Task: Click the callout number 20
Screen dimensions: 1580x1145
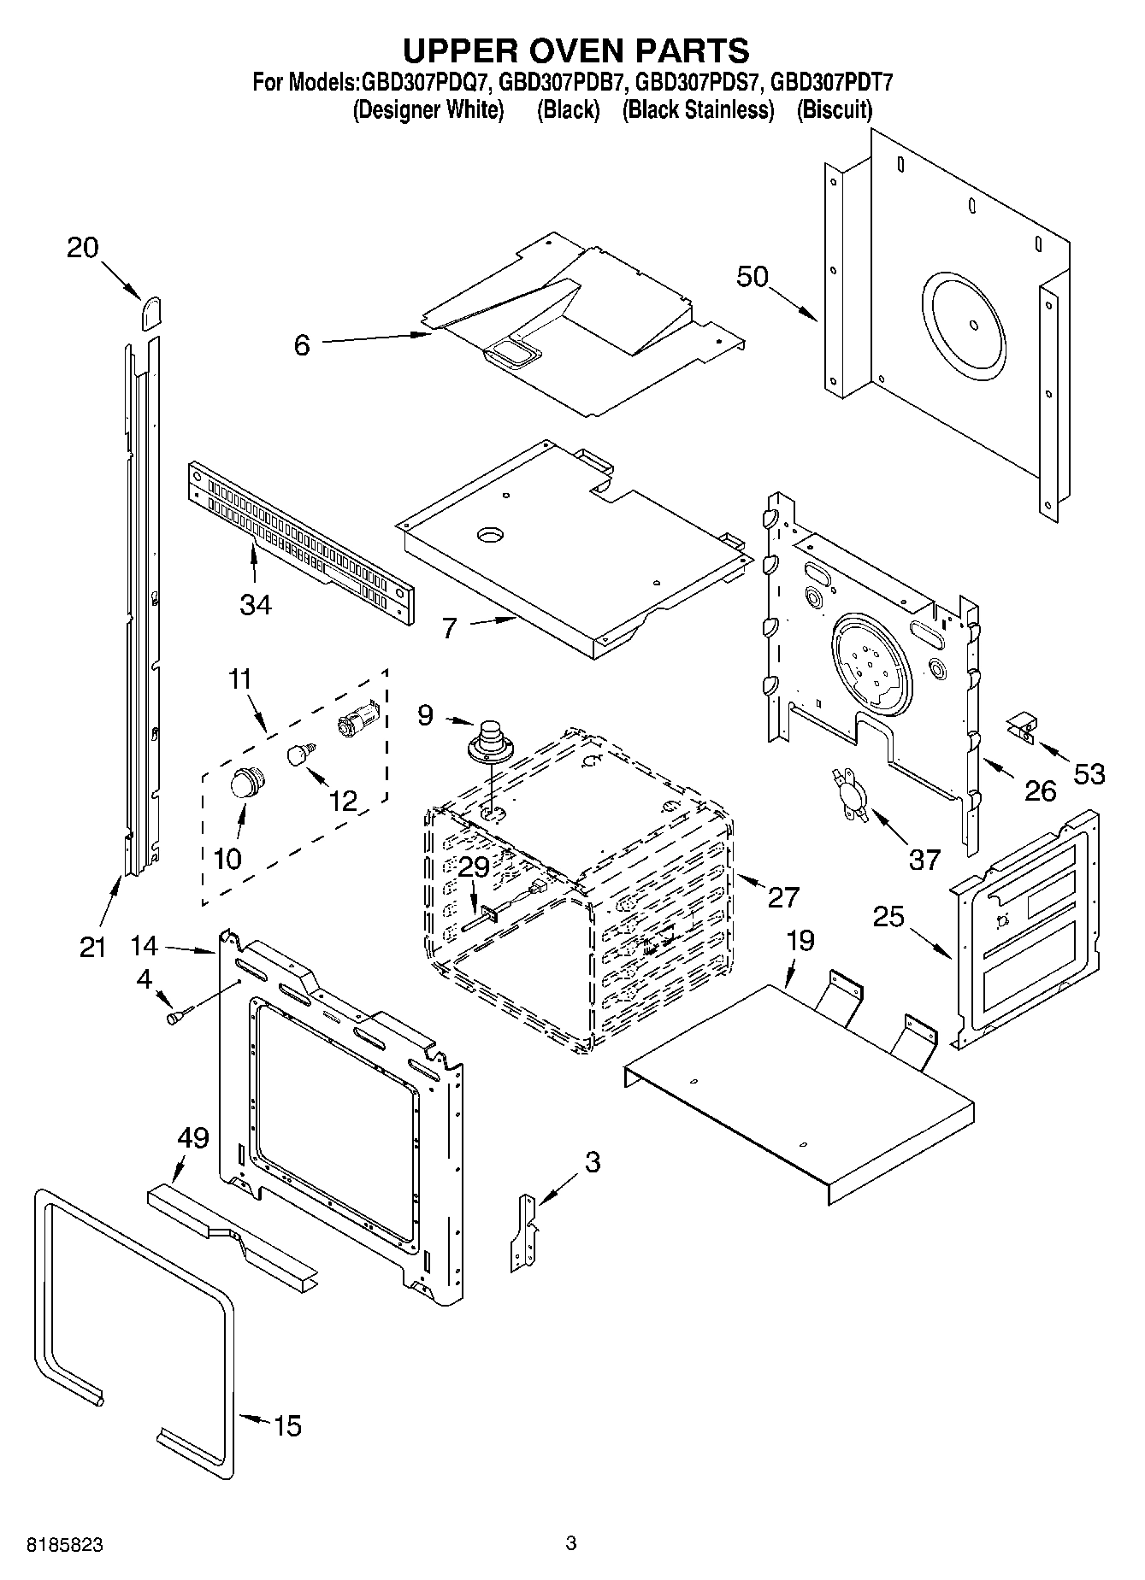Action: point(83,248)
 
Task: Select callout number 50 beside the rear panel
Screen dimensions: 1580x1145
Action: point(753,277)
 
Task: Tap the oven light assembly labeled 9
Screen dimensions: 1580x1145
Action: point(489,739)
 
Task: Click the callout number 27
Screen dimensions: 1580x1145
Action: point(782,896)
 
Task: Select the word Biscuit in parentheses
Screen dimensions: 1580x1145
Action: point(834,110)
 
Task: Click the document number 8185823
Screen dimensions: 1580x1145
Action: point(66,1545)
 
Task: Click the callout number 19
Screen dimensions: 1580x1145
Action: point(800,941)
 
